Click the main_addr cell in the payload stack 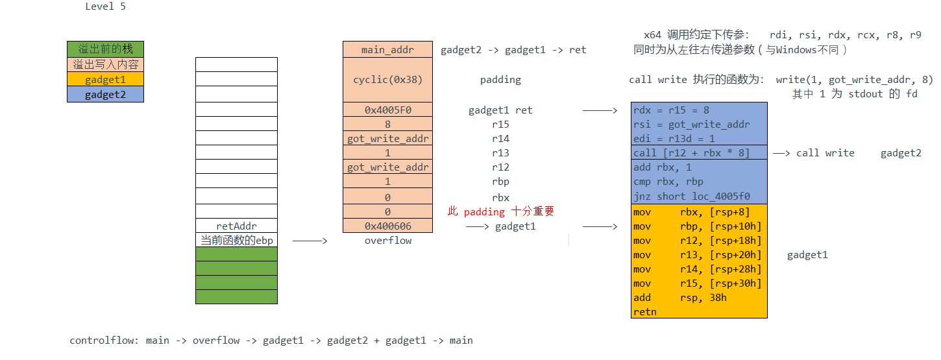click(387, 49)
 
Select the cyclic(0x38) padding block click(387, 80)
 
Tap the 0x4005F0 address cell click(387, 110)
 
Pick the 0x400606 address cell click(387, 226)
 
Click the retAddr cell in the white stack click(236, 226)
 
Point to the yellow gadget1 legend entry click(105, 80)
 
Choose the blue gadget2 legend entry click(105, 95)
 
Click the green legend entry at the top click(105, 49)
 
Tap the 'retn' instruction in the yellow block click(645, 312)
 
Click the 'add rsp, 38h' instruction click(680, 298)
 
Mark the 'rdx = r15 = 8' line click(671, 110)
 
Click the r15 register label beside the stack click(500, 125)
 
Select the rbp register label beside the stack click(500, 182)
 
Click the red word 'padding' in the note click(484, 211)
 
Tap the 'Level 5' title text click(105, 6)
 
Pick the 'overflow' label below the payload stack click(388, 241)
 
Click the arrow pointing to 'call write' click(781, 153)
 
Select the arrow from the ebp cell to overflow click(310, 241)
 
